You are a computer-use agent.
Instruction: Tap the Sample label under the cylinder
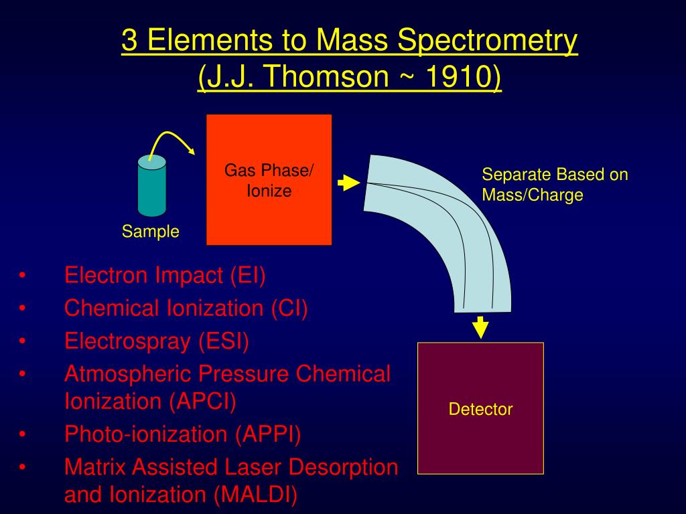click(150, 232)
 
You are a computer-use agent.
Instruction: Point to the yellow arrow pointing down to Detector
click(480, 327)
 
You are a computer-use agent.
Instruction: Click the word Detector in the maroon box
click(480, 410)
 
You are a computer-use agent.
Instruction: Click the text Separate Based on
click(555, 175)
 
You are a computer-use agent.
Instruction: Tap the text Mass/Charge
click(533, 195)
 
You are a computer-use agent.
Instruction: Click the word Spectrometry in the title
click(488, 41)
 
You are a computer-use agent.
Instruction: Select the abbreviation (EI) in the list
click(248, 275)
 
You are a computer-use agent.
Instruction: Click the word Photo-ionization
click(147, 434)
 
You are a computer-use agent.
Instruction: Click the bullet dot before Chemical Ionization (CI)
click(23, 309)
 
